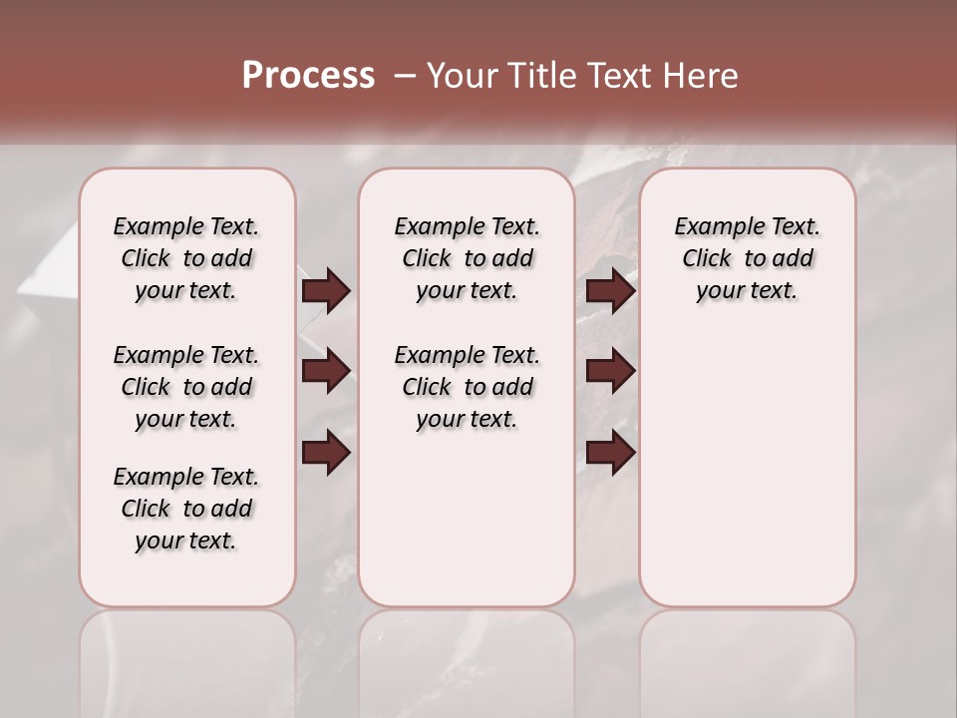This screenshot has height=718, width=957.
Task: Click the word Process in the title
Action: point(308,75)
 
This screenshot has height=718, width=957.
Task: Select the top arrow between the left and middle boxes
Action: point(326,291)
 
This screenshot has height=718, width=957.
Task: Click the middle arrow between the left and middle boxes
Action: point(326,371)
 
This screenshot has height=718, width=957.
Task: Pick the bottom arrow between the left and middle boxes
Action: point(326,453)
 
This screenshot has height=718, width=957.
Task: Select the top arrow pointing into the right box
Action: point(610,291)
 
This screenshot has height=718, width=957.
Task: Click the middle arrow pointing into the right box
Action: point(610,371)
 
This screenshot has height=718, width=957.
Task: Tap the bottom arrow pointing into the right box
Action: point(610,453)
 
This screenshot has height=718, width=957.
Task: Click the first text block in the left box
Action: point(186,258)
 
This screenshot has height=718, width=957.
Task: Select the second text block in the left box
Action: point(186,387)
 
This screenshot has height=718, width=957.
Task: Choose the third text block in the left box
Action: point(186,509)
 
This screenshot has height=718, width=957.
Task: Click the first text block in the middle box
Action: point(467,258)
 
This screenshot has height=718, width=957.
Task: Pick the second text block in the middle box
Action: point(467,387)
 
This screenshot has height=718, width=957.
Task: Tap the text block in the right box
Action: point(747,258)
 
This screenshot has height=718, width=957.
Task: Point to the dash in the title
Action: point(405,76)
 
